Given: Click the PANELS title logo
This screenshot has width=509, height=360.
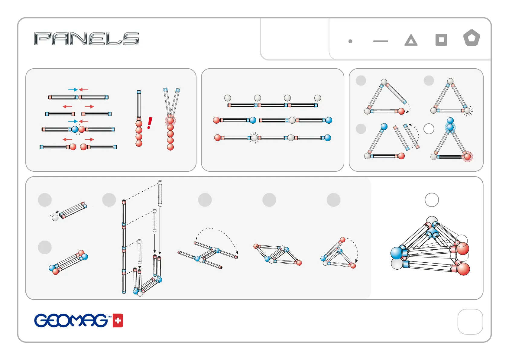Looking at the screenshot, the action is [86, 38].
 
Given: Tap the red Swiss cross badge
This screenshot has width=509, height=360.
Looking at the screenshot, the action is [118, 321].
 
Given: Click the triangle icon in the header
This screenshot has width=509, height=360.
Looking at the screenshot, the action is [411, 40].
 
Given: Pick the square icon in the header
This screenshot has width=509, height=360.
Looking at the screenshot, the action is [441, 40].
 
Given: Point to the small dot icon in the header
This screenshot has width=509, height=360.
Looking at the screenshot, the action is [350, 41].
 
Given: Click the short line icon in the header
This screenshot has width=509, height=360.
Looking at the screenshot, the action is [381, 41].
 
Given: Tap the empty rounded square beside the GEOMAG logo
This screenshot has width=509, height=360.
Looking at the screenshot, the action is [470, 322].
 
